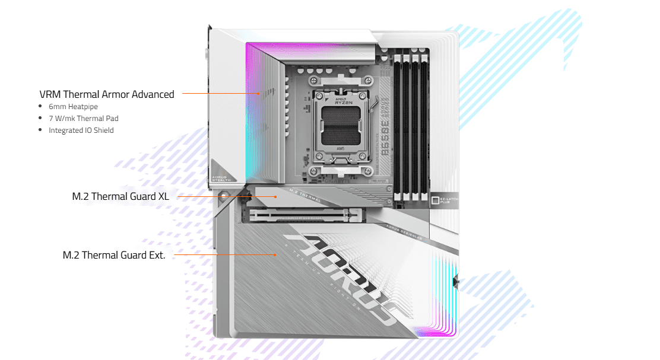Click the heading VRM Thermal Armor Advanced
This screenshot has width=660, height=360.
point(107,94)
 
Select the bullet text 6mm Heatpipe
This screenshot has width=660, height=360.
point(73,107)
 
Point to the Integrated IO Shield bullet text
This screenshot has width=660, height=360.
point(81,130)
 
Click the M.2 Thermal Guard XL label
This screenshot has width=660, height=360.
point(120,196)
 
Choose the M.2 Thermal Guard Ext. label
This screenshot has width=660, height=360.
point(114,255)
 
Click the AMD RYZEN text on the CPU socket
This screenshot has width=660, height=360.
point(343,100)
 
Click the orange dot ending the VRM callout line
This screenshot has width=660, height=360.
point(259,93)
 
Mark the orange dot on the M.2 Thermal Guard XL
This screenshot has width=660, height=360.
point(275,196)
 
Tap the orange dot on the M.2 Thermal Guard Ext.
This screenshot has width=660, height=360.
point(275,254)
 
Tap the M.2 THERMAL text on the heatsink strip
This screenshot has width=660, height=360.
point(304,195)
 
